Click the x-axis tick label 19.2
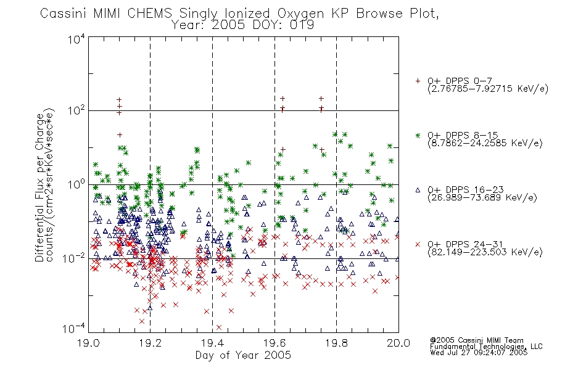coord(151,343)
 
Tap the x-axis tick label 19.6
coord(274,343)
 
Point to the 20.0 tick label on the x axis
coord(398,343)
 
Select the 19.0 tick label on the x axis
coord(89,343)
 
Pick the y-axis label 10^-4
coord(74,328)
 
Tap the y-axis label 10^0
coord(76,184)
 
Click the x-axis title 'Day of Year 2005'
coord(243,355)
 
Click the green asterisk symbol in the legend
coord(418,135)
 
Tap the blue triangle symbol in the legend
coord(418,190)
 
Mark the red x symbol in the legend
coord(418,244)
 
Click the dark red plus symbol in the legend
coord(418,81)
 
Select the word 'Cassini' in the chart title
coord(63,14)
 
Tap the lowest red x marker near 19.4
coord(218,327)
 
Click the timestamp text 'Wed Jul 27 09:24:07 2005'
coord(479,352)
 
